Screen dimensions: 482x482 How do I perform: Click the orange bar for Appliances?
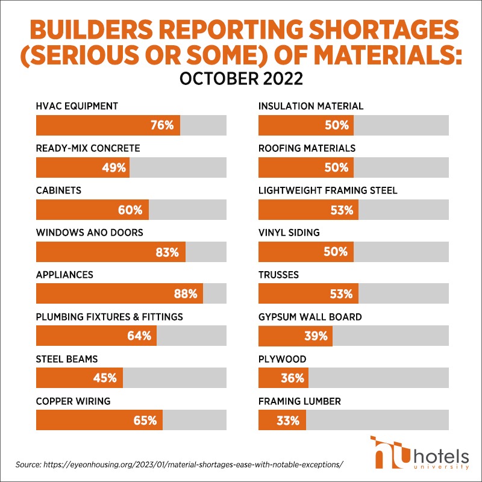(x=119, y=294)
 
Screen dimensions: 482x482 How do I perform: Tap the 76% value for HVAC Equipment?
(x=162, y=125)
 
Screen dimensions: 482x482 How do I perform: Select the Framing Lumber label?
(x=299, y=401)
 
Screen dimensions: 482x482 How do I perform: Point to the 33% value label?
(x=289, y=420)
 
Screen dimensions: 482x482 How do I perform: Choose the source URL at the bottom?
(x=180, y=465)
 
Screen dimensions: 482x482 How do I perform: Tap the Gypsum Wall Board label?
(x=310, y=316)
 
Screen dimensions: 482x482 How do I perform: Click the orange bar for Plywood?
(x=284, y=378)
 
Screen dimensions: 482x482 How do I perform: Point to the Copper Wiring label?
(x=73, y=401)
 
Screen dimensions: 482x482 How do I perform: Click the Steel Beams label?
(x=67, y=358)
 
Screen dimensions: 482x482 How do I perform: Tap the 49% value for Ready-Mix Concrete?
(x=113, y=167)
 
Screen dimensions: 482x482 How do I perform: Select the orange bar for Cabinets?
(x=92, y=210)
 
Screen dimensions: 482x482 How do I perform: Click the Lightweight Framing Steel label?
(x=328, y=190)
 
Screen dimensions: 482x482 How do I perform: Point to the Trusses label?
(x=278, y=274)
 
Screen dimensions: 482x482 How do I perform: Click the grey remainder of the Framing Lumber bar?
(x=377, y=420)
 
